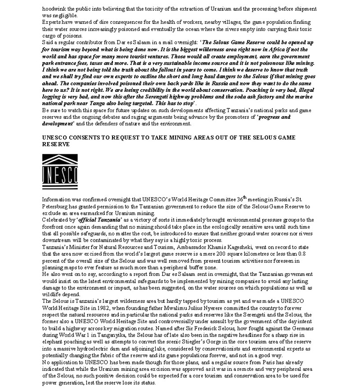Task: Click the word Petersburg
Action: [x=55, y=206]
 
